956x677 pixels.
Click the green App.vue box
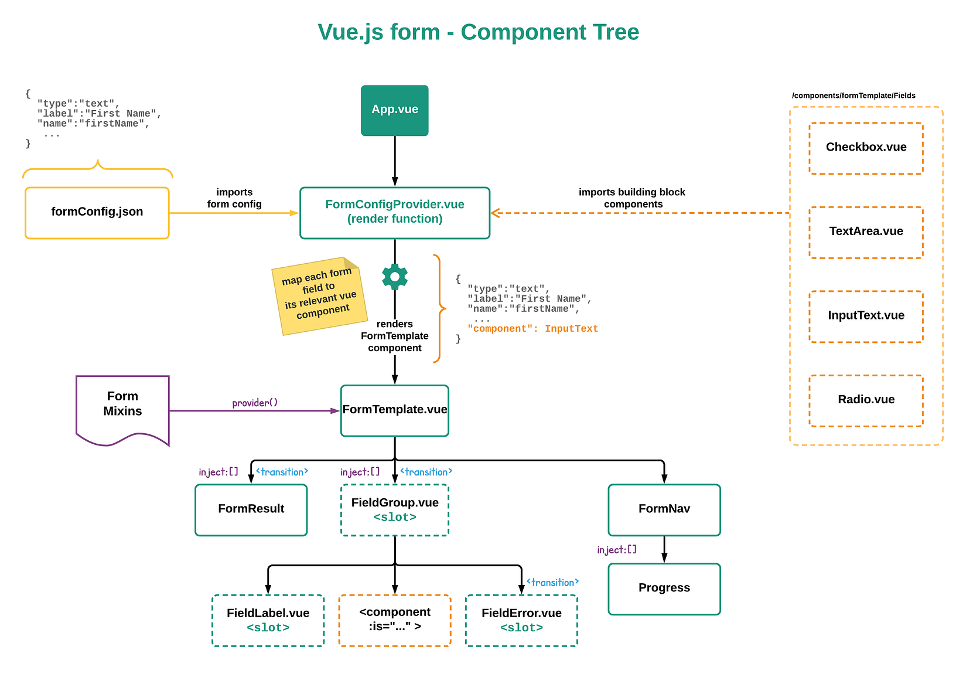click(394, 110)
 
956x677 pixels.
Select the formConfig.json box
click(97, 212)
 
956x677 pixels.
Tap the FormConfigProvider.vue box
click(394, 212)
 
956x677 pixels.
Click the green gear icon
click(394, 277)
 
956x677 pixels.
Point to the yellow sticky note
click(319, 295)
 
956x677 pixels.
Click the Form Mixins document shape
click(122, 407)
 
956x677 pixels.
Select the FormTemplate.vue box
click(394, 410)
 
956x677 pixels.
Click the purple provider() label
click(255, 403)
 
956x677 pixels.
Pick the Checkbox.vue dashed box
click(865, 148)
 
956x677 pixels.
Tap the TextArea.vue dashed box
click(865, 232)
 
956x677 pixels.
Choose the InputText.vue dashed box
click(865, 316)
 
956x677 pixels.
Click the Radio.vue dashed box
click(865, 400)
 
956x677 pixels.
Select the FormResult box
click(251, 509)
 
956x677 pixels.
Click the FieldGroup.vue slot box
click(394, 509)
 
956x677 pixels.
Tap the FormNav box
click(664, 509)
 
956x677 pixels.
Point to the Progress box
click(664, 588)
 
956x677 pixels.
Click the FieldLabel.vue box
click(268, 620)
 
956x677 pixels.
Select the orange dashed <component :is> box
click(394, 620)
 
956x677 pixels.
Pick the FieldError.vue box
click(521, 620)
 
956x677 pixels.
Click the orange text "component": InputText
click(532, 329)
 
